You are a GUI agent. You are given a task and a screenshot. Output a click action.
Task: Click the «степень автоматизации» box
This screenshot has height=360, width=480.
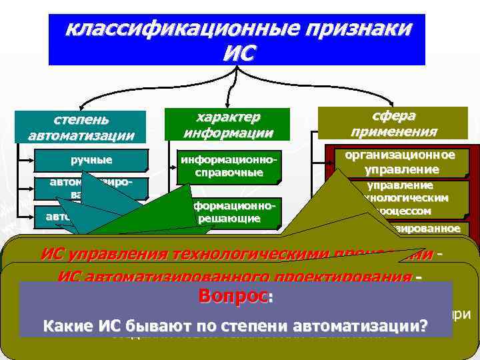pyautogui.click(x=81, y=127)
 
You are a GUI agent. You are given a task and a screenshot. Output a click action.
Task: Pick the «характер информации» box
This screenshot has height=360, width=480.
pyautogui.click(x=228, y=124)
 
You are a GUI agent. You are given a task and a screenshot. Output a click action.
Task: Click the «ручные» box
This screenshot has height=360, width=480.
pyautogui.click(x=91, y=160)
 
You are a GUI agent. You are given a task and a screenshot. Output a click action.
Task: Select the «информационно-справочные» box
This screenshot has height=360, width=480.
pyautogui.click(x=229, y=167)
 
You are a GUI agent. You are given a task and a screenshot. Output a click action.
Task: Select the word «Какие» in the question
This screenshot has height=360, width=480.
pyautogui.click(x=64, y=326)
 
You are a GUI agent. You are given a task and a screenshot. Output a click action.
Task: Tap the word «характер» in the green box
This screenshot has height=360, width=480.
pyautogui.click(x=228, y=117)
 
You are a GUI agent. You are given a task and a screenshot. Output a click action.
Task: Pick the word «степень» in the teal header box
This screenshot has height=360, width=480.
pyautogui.click(x=81, y=120)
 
